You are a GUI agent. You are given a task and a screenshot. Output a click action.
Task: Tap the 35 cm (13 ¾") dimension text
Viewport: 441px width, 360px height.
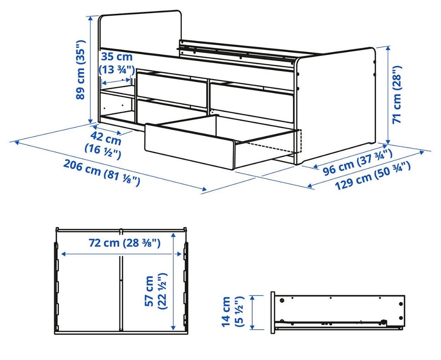coord(116,63)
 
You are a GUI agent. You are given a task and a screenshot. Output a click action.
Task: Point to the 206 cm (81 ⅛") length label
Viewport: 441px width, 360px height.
coord(102,172)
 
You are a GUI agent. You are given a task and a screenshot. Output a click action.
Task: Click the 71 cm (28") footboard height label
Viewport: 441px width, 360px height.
coord(397,95)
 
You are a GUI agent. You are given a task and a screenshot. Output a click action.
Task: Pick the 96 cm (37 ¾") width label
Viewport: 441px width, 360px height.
coord(357,162)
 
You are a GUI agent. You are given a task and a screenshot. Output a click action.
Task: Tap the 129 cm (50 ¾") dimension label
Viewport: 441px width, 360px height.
coord(373,176)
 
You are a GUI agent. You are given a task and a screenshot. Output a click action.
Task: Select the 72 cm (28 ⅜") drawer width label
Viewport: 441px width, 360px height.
coord(124,243)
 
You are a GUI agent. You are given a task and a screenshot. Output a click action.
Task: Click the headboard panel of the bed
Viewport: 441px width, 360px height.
coord(140,31)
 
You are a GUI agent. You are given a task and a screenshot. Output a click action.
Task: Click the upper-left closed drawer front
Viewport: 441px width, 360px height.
coord(171,90)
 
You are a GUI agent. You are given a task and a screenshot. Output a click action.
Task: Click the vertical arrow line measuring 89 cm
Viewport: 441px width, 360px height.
coord(90,69)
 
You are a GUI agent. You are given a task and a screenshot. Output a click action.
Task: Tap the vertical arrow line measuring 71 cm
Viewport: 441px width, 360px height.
coord(389,95)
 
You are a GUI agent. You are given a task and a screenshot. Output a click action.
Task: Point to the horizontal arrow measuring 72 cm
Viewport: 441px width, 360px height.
coord(121,254)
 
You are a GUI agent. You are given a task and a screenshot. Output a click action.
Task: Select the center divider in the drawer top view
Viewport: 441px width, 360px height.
coord(121,280)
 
